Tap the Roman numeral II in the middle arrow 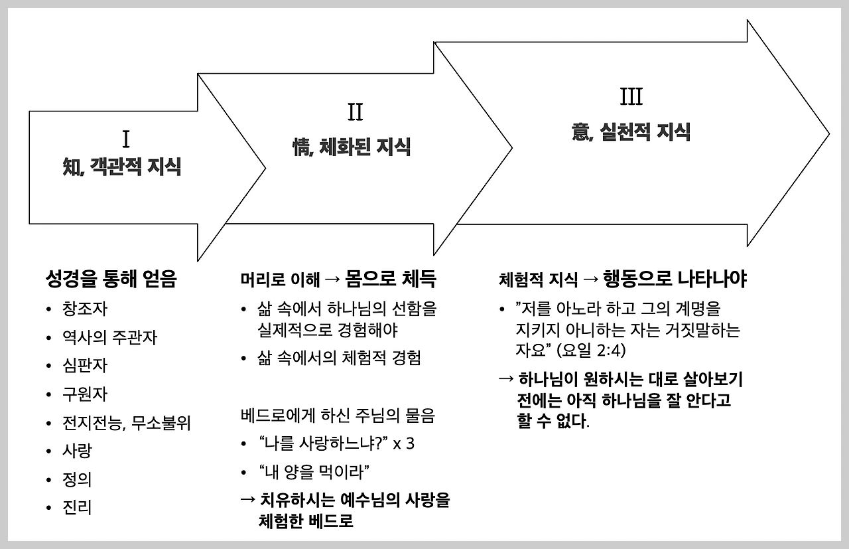pyautogui.click(x=355, y=112)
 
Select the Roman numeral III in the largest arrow pyautogui.click(x=631, y=98)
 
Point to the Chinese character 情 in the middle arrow pyautogui.click(x=302, y=146)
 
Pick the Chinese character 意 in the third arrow pyautogui.click(x=580, y=131)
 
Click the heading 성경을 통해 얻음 pyautogui.click(x=111, y=279)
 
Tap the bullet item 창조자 pyautogui.click(x=85, y=309)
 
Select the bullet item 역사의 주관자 pyautogui.click(x=109, y=337)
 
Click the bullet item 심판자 pyautogui.click(x=85, y=366)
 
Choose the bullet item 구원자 pyautogui.click(x=85, y=394)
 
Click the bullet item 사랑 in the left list pyautogui.click(x=78, y=451)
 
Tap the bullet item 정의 pyautogui.click(x=78, y=479)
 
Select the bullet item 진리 pyautogui.click(x=78, y=508)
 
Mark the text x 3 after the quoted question pyautogui.click(x=403, y=443)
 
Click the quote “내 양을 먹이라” pyautogui.click(x=314, y=472)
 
